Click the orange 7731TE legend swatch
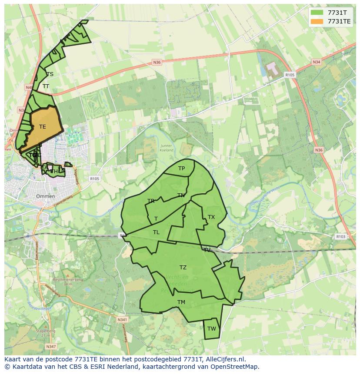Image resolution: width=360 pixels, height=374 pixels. click(x=317, y=21)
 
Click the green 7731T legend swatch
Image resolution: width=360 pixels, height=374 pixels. click(x=317, y=13)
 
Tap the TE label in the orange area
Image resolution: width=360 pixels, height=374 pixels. click(x=42, y=127)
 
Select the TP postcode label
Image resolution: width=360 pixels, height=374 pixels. click(x=181, y=169)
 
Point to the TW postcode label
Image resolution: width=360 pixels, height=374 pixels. click(x=211, y=329)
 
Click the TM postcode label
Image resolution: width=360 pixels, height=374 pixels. click(x=181, y=302)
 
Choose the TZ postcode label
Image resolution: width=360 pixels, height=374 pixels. click(x=183, y=268)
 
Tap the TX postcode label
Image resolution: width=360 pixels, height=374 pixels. click(x=211, y=217)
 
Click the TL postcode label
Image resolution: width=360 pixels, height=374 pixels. click(x=156, y=232)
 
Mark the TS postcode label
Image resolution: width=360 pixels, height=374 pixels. click(x=50, y=74)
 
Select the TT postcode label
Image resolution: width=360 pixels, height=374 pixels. click(x=46, y=86)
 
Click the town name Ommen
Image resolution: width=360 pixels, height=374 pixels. click(x=46, y=196)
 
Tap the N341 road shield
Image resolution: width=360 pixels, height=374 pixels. click(x=122, y=319)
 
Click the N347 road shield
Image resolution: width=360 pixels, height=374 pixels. click(x=51, y=346)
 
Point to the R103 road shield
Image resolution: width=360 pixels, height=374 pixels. click(x=340, y=237)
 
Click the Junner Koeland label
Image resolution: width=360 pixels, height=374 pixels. click(x=166, y=148)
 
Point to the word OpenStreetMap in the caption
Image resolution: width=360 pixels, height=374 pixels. click(x=235, y=367)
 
